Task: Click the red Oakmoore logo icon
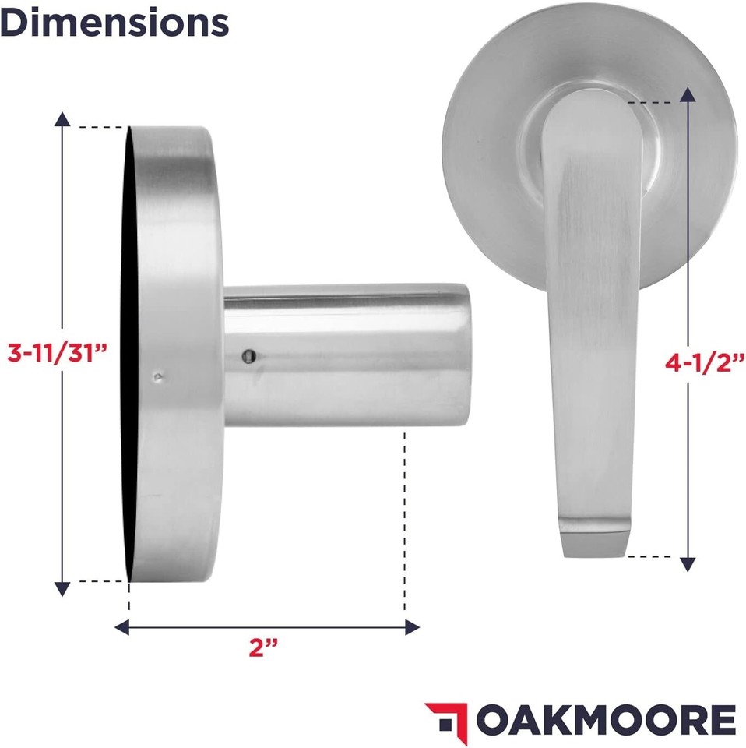tap(446, 717)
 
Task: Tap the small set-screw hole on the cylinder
tap(246, 356)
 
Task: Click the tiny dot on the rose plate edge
tap(158, 377)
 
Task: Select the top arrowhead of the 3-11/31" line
tap(62, 118)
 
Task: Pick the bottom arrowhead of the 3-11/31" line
tap(62, 587)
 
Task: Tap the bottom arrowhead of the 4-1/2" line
tap(688, 563)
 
